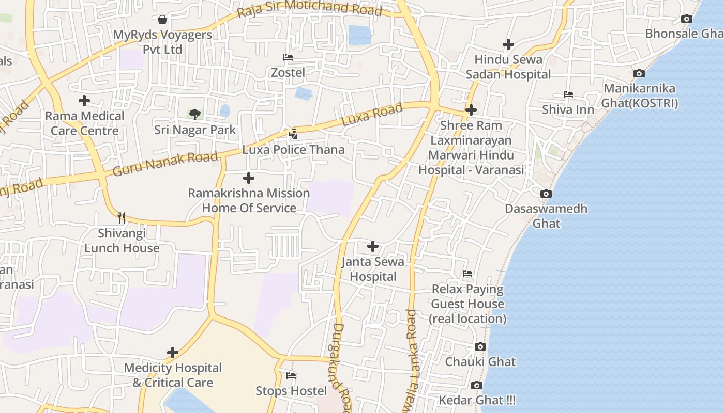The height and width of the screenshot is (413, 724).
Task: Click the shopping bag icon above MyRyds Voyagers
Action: click(x=162, y=20)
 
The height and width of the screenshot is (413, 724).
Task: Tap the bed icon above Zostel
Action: click(x=288, y=57)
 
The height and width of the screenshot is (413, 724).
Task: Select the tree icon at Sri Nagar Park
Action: click(x=195, y=114)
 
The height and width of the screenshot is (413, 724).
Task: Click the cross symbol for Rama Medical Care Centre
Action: click(x=84, y=101)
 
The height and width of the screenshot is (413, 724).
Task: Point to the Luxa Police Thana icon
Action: click(x=293, y=134)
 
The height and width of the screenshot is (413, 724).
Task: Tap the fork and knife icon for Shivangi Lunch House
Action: click(x=122, y=217)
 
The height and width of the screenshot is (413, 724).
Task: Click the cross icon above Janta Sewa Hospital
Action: click(x=372, y=246)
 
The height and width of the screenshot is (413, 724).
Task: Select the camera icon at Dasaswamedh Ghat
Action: click(x=546, y=194)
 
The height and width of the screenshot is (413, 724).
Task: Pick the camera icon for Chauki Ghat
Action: click(x=480, y=346)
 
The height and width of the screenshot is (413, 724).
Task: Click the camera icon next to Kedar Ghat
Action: click(x=477, y=385)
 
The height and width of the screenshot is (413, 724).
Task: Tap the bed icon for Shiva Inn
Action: click(x=568, y=94)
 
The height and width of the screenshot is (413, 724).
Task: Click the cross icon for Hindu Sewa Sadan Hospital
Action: click(x=508, y=44)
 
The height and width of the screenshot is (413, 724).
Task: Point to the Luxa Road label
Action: click(x=372, y=115)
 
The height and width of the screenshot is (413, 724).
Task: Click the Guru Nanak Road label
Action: click(x=165, y=164)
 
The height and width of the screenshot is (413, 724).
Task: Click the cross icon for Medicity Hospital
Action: click(x=173, y=353)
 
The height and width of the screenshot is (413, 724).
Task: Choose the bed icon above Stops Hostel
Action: click(x=291, y=375)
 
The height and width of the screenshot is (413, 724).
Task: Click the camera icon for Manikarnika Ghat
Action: click(x=639, y=73)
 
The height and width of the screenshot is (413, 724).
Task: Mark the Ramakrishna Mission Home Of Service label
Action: click(x=249, y=200)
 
